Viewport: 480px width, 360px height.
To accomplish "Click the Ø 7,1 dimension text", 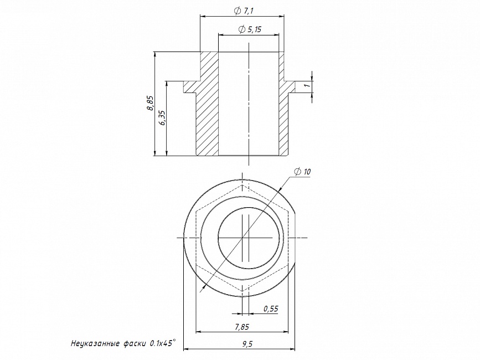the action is [244, 11].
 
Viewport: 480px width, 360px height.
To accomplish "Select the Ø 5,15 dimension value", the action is [250, 29].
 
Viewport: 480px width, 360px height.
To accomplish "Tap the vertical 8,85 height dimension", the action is [150, 103].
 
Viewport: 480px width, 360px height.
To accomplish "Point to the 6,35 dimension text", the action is [162, 117].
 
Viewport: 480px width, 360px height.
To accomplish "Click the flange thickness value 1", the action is [307, 85].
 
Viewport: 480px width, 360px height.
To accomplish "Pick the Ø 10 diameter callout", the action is [302, 172].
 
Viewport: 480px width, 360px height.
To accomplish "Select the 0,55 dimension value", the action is [271, 308].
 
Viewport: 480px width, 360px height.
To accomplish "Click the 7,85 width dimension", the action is [242, 327].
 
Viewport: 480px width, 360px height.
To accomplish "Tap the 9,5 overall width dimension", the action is [247, 344].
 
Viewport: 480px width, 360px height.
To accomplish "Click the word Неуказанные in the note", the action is [95, 343].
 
